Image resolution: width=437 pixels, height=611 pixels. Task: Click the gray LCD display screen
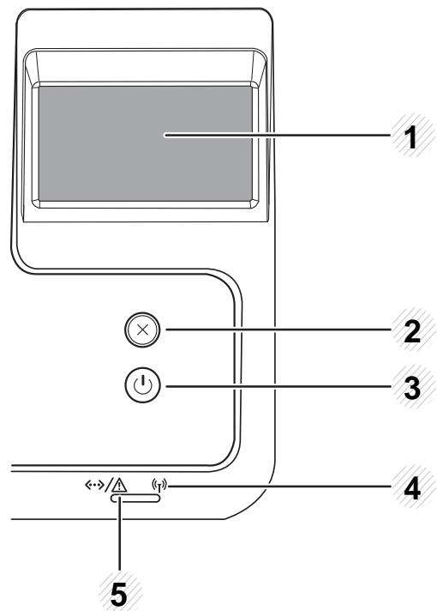tap(145, 144)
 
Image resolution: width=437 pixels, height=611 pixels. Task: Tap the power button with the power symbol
tap(142, 386)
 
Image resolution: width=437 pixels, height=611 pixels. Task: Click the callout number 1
tap(410, 138)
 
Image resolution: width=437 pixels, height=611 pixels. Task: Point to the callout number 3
tap(412, 388)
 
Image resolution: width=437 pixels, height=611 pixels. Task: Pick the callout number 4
tap(412, 488)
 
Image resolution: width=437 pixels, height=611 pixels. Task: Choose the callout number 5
tap(119, 595)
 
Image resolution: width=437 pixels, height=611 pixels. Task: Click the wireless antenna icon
tap(159, 487)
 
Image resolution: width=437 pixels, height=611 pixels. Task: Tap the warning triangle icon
tap(119, 485)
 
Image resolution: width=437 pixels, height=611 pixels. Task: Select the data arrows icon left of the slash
tap(94, 485)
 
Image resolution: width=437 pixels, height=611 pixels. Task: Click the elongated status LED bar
tap(135, 499)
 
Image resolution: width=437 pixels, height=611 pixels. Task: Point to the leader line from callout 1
tap(277, 136)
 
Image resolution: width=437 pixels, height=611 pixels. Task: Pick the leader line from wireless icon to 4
tap(279, 486)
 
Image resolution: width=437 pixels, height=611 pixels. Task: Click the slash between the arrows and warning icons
tap(108, 486)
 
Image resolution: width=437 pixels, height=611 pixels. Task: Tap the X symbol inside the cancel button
tap(142, 330)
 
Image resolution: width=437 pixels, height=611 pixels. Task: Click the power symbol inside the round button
tap(142, 385)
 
